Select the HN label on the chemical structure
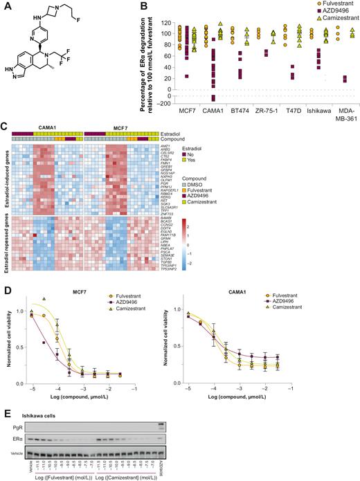click(15, 106)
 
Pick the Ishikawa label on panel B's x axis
click(314, 109)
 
